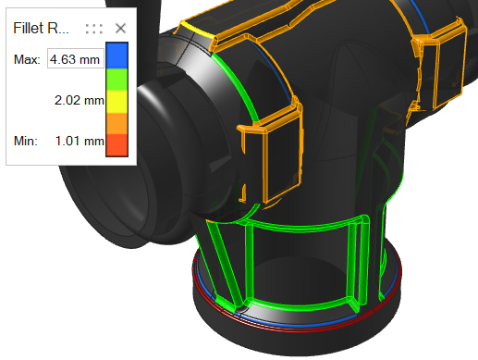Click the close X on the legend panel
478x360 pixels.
pos(120,28)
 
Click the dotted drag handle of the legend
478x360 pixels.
pos(93,28)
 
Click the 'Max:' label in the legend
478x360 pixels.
pos(27,60)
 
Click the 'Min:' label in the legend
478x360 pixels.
pos(26,141)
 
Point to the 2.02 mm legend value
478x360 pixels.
pos(80,100)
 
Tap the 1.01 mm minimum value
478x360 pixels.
pos(80,141)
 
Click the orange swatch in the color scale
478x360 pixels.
pos(118,123)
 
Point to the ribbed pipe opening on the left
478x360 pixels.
pos(162,102)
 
